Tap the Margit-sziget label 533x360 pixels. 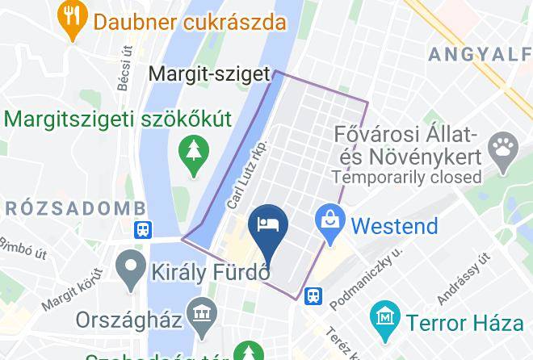point(208,75)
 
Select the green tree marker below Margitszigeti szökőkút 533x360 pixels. point(194,155)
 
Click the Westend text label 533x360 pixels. point(395,225)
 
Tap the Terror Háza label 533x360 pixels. point(464,323)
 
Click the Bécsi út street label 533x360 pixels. point(124,69)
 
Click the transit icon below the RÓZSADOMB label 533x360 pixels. point(143,229)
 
